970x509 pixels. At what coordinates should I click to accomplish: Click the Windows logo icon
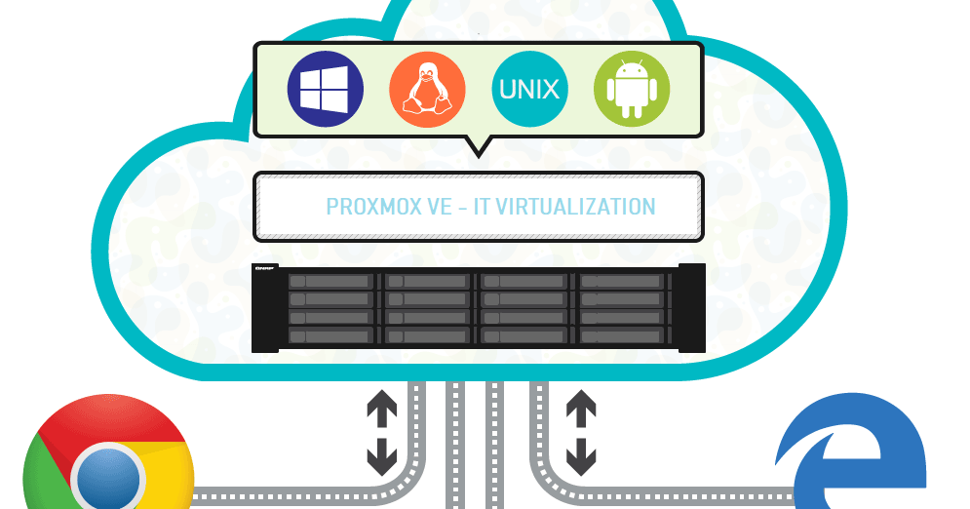tap(325, 91)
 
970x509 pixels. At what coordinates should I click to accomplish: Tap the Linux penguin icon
tap(427, 91)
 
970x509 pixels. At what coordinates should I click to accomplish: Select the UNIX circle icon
tap(529, 91)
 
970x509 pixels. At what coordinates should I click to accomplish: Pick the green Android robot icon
tap(631, 91)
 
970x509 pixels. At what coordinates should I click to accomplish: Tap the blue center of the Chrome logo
tap(108, 478)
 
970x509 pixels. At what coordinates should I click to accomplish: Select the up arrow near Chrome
tap(381, 408)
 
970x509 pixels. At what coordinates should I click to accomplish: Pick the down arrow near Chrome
tap(381, 453)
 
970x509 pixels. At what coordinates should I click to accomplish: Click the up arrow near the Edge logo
tap(581, 408)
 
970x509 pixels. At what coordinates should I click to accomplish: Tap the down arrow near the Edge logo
tap(581, 453)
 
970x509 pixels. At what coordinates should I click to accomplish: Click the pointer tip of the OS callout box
tap(478, 152)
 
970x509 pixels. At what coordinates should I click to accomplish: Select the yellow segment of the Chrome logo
tap(171, 478)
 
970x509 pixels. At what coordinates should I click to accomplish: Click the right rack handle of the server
tap(691, 307)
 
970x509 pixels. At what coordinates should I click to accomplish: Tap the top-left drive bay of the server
tap(330, 281)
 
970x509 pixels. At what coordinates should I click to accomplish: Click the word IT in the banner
tap(484, 207)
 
